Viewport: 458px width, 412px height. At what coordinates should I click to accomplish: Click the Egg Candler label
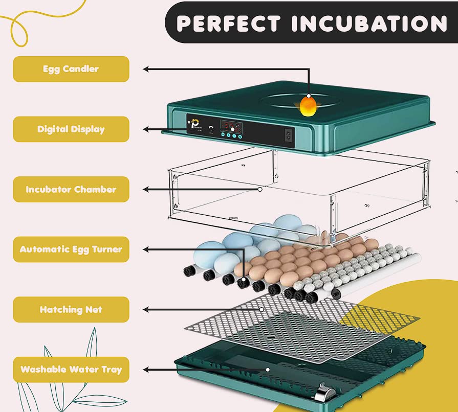[71, 69]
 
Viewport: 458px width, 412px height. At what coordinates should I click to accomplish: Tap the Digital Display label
[71, 129]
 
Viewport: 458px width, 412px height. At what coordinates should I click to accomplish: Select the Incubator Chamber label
[71, 189]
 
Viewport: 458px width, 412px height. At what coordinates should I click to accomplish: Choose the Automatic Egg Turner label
[71, 249]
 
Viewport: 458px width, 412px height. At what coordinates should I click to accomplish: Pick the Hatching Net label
[71, 309]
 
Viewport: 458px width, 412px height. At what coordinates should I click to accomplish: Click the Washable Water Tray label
[71, 369]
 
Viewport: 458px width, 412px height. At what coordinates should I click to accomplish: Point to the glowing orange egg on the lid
[308, 105]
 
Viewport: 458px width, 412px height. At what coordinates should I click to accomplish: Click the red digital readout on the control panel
[231, 126]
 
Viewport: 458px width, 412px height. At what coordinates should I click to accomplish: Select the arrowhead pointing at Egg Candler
[146, 69]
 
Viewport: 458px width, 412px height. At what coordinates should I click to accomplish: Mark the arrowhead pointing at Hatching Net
[146, 309]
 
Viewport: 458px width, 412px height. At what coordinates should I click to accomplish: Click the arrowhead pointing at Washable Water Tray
[146, 369]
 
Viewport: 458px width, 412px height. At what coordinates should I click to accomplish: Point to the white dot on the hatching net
[261, 309]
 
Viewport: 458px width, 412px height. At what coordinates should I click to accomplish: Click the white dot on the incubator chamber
[260, 189]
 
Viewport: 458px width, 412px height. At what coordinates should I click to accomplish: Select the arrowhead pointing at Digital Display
[146, 129]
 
